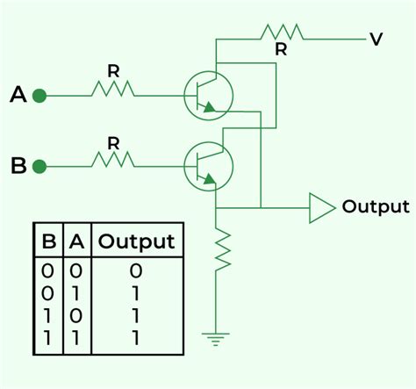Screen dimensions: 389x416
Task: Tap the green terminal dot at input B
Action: click(39, 164)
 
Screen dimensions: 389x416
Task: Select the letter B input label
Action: click(17, 164)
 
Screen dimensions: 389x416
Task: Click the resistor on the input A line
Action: click(113, 89)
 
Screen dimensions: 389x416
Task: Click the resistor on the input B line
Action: click(113, 160)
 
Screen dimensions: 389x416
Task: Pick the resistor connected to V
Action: click(281, 32)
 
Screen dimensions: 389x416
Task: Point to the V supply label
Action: click(376, 40)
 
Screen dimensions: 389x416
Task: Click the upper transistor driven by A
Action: click(208, 94)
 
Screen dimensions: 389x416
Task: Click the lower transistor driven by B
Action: click(208, 164)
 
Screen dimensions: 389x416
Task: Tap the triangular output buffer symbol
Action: click(321, 208)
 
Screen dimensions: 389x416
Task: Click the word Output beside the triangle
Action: click(376, 207)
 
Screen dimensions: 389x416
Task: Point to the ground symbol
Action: click(216, 335)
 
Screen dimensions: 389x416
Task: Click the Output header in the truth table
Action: click(136, 241)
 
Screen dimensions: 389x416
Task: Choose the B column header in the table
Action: click(48, 241)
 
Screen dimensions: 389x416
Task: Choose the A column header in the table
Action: click(76, 241)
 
